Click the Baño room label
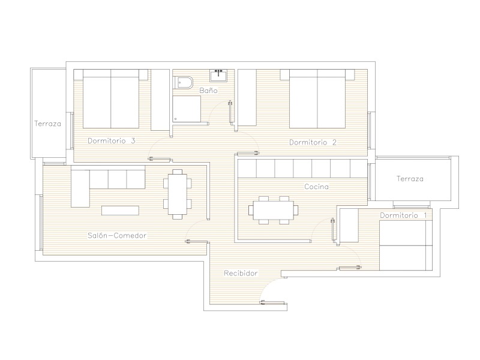coord(208,91)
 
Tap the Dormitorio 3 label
coord(112,141)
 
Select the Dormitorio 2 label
coord(313,142)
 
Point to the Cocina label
coord(317,187)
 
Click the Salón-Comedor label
coord(117,235)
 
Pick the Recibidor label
coord(241,273)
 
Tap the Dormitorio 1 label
coord(403,215)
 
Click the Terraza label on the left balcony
coord(48,124)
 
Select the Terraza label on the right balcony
coord(410,178)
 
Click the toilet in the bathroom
coord(183,82)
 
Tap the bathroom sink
coord(218,76)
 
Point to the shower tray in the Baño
coord(187,109)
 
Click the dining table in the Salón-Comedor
coord(177,194)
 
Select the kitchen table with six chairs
coord(274,211)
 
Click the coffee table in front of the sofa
coord(120,211)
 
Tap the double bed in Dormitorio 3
coord(111,98)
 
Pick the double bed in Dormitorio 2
coord(317,98)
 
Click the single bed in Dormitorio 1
coord(406,245)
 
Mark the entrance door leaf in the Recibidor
coord(272,303)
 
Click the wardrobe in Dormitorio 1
coord(349,226)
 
